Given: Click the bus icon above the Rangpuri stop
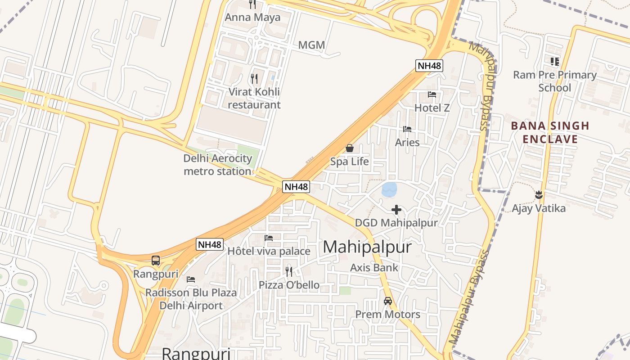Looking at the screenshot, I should (x=156, y=260).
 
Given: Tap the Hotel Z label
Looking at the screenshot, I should (x=432, y=108).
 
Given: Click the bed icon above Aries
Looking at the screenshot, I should (x=407, y=129).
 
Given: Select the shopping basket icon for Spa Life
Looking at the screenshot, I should (x=350, y=148).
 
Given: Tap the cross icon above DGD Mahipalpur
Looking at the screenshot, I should (x=396, y=210).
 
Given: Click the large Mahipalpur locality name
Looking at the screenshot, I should (x=367, y=247).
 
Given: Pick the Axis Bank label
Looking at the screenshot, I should (x=374, y=268).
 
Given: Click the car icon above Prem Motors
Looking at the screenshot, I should (x=388, y=301).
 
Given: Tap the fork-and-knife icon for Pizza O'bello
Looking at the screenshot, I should (x=289, y=271).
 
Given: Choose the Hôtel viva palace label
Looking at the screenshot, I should (x=269, y=251).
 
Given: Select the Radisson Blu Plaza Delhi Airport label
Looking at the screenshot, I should (x=191, y=299).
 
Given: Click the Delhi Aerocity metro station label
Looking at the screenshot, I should (x=218, y=165).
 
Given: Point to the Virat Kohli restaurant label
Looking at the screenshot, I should (x=254, y=98).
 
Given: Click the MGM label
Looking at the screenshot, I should (x=311, y=45).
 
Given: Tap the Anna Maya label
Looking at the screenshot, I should (x=252, y=18).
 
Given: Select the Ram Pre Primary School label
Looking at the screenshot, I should (x=555, y=81).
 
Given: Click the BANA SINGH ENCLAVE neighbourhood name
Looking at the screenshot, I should (x=550, y=132).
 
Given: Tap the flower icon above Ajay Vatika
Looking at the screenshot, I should (x=539, y=195).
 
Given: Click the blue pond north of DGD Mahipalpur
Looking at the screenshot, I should (x=389, y=189).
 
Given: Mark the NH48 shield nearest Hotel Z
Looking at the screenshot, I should (x=429, y=66).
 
